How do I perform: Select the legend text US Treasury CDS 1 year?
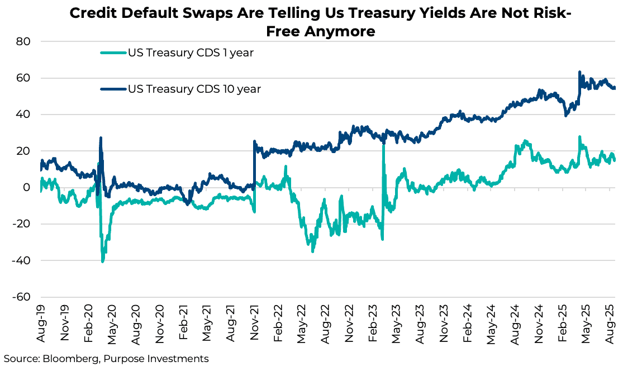pos(191,53)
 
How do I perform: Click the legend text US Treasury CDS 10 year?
pos(194,89)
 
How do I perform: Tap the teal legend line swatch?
pos(113,53)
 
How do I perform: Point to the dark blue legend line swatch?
pos(113,89)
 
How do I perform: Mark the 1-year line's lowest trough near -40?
pos(103,260)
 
